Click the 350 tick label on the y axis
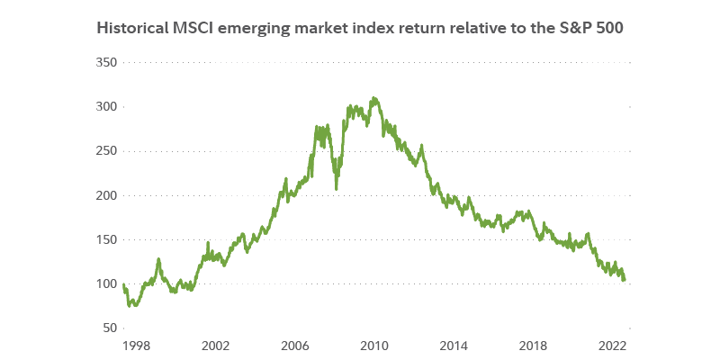pyautogui.click(x=106, y=62)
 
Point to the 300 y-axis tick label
pyautogui.click(x=106, y=106)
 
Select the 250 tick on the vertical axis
pyautogui.click(x=106, y=150)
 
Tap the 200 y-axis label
pyautogui.click(x=106, y=195)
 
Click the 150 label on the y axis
pyautogui.click(x=106, y=239)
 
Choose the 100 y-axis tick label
pyautogui.click(x=106, y=283)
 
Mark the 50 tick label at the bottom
pyautogui.click(x=110, y=328)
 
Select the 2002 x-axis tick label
pyautogui.click(x=213, y=345)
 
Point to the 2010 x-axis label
pyautogui.click(x=373, y=345)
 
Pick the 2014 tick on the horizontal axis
pyautogui.click(x=454, y=345)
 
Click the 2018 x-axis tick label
pyautogui.click(x=534, y=345)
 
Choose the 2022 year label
pyautogui.click(x=613, y=345)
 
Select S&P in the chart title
pyautogui.click(x=574, y=27)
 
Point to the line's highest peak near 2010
pyautogui.click(x=373, y=97)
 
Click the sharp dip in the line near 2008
pyautogui.click(x=337, y=188)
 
